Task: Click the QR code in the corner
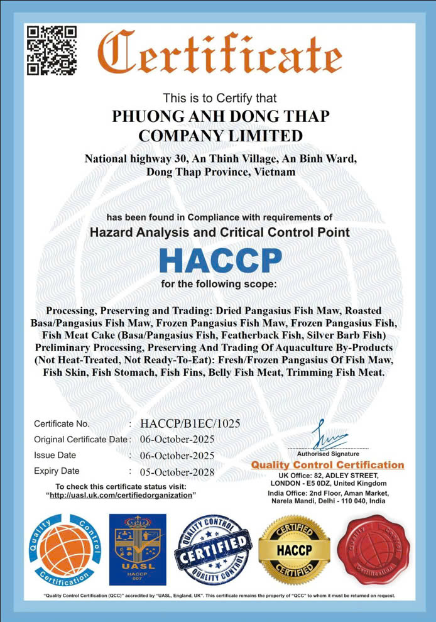click(x=52, y=50)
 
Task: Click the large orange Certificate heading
click(x=219, y=53)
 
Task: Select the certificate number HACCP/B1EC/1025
click(x=190, y=423)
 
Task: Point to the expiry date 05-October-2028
click(x=178, y=472)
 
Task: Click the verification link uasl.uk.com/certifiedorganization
click(x=121, y=495)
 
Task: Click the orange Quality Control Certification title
click(x=327, y=465)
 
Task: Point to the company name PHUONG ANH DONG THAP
click(x=221, y=117)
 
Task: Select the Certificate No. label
click(x=62, y=424)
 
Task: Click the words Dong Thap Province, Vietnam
click(x=221, y=171)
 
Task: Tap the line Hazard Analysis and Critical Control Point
click(x=220, y=232)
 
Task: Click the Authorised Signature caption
click(x=328, y=454)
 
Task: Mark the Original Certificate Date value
click(x=178, y=440)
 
